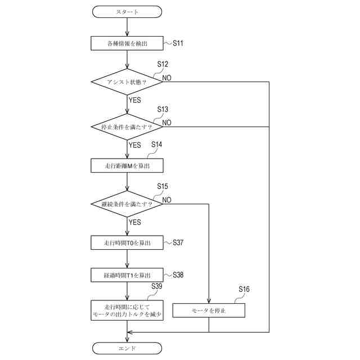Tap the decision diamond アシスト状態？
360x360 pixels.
point(127,82)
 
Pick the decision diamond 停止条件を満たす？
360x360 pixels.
point(127,127)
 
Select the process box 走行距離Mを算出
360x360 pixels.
point(127,165)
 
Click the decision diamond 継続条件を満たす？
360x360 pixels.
point(127,204)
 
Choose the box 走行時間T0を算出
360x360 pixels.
point(127,242)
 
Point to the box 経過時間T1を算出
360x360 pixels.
point(127,275)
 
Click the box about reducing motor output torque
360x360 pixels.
point(127,310)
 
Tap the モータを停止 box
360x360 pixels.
point(209,310)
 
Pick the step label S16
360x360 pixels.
point(244,289)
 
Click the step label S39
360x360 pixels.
point(157,287)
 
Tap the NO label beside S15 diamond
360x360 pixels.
point(167,200)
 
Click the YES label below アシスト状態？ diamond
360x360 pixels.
point(135,100)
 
